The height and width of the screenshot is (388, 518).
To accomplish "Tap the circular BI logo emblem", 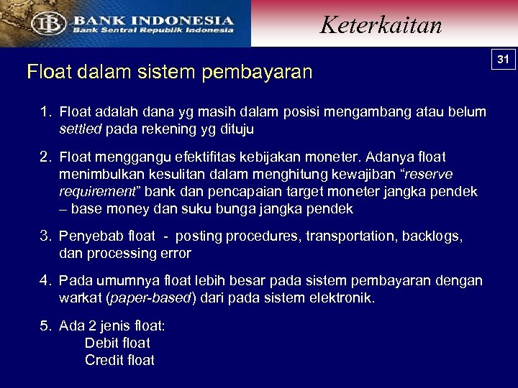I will tap(48, 24).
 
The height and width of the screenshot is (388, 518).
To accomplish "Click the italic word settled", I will tap(81, 130).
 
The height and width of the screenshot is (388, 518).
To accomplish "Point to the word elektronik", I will tap(342, 298).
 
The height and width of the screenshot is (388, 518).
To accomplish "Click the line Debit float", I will tap(117, 343).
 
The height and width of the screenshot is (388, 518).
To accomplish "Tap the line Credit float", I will tap(119, 361).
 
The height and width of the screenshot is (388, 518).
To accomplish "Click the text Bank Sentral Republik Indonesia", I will tap(153, 30).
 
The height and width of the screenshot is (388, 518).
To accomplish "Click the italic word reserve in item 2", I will tap(431, 175).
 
